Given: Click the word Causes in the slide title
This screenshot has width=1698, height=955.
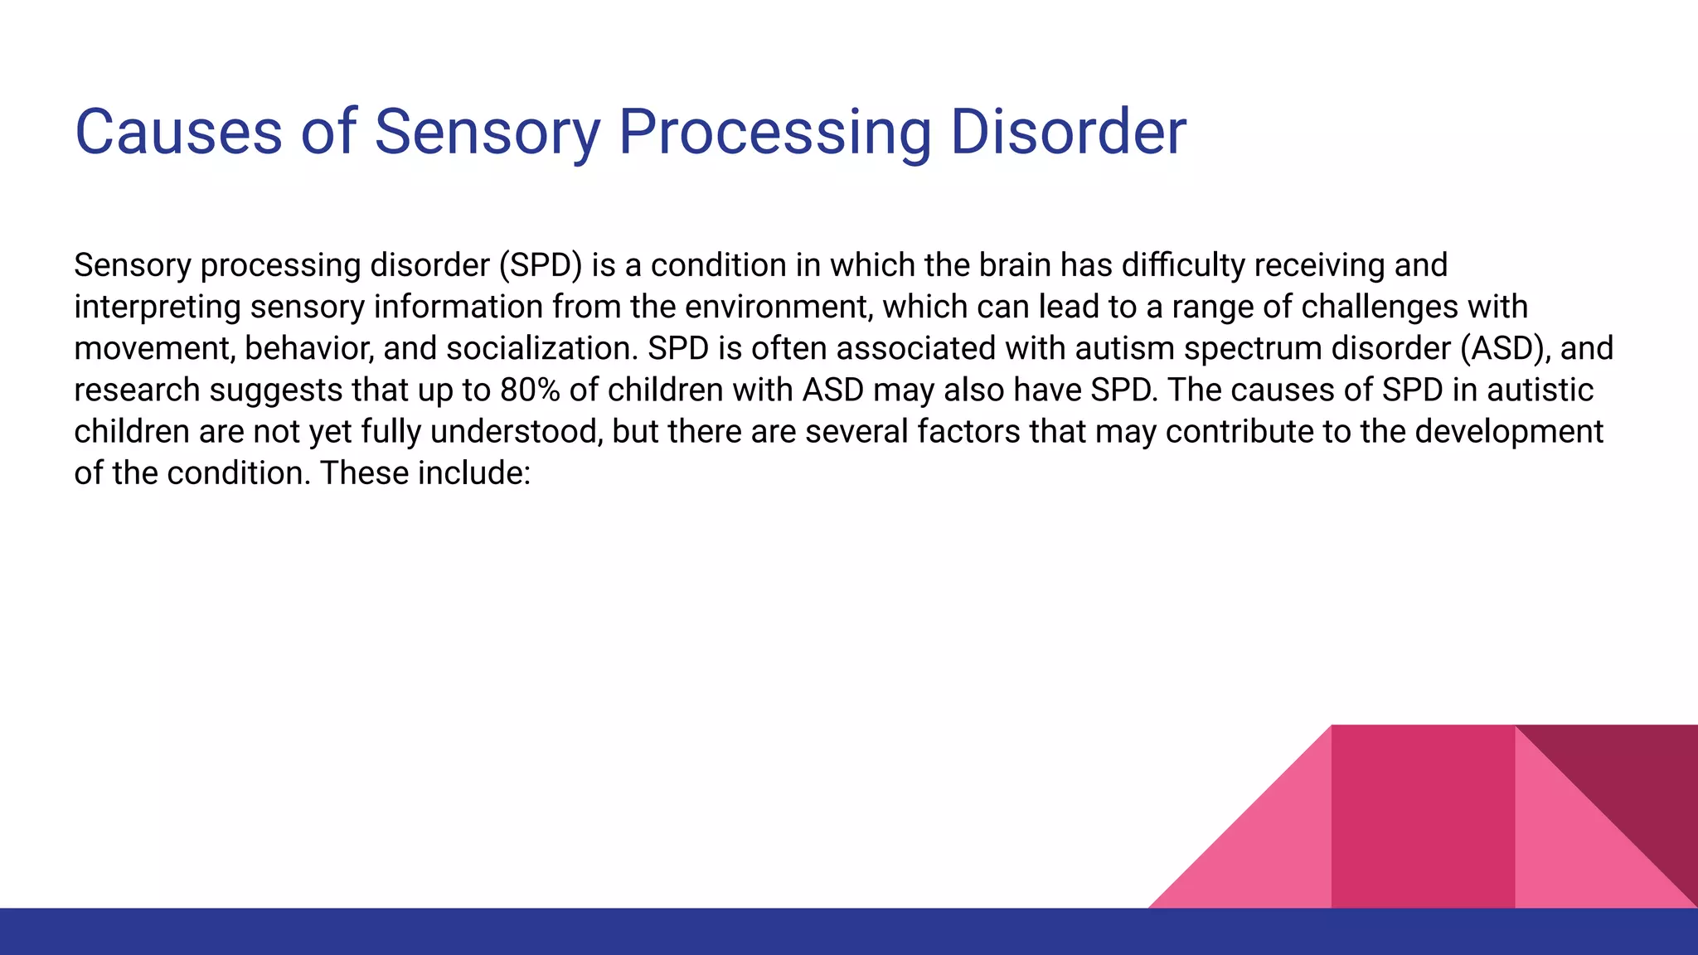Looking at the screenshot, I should [178, 132].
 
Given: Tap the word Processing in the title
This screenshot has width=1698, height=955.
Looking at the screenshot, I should [774, 132].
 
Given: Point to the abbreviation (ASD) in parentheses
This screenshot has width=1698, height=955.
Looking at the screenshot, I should [1505, 348].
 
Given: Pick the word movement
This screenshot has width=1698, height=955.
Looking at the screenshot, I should [153, 348].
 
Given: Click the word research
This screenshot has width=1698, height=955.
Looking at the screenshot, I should [137, 390].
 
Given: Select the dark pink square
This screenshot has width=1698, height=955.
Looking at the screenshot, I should [1423, 817].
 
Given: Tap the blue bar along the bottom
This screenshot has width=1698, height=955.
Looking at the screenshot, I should [849, 932].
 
